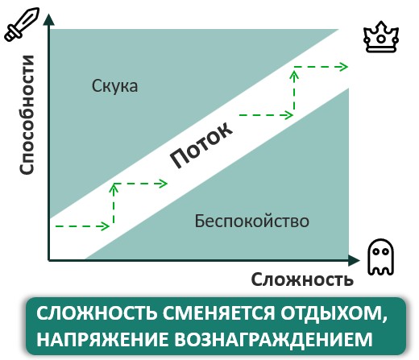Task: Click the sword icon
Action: pos(22,24)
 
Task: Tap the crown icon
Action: pos(381,37)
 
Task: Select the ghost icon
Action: pos(381,257)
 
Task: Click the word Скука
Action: pos(114,86)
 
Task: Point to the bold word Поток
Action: pos(201,145)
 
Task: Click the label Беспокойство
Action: pos(252,221)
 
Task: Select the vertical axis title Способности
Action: pos(27,115)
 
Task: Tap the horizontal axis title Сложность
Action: pos(302,279)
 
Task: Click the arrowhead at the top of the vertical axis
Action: pos(48,19)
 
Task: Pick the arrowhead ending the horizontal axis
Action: pos(355,260)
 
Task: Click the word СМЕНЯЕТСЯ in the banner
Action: pos(219,313)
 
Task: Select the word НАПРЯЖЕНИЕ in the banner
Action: pos(102,339)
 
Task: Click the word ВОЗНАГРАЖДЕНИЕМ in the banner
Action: pos(273,340)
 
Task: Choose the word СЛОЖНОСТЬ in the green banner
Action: pos(97,313)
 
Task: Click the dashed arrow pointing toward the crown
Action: pos(321,67)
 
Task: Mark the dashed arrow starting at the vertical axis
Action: pos(82,226)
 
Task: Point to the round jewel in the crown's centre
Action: pos(381,39)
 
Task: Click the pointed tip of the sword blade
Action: pos(39,9)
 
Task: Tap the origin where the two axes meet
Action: pos(48,260)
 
